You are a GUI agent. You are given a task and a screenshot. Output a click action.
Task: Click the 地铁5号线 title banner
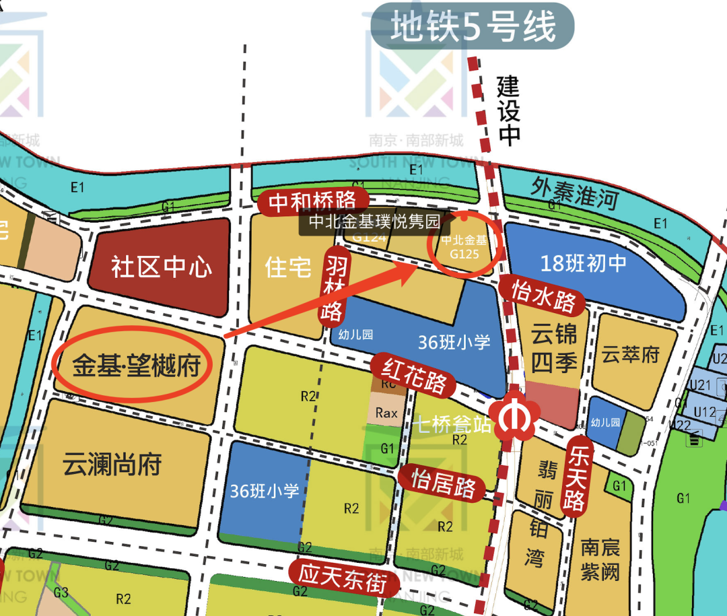coord(473,28)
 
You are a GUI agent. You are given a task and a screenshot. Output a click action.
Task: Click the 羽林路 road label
coord(335,285)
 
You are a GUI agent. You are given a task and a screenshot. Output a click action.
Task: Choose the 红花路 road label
coord(414,375)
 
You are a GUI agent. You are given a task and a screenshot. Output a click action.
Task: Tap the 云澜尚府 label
coord(112,464)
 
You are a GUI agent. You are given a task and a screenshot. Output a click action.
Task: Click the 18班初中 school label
coord(584,263)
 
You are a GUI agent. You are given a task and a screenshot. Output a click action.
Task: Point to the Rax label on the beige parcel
coord(386,413)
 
